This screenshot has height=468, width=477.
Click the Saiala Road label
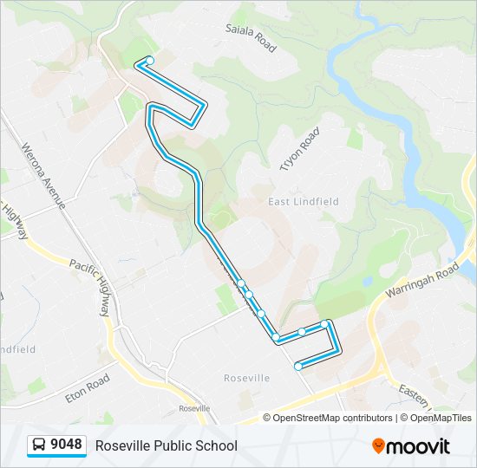click(251, 38)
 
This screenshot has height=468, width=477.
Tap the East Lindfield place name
click(304, 201)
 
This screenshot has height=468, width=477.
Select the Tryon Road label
click(299, 149)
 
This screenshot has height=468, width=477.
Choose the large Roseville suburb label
click(247, 378)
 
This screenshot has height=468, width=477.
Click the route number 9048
click(67, 445)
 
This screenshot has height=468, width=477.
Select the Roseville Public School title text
click(166, 445)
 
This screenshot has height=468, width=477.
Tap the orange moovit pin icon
click(378, 445)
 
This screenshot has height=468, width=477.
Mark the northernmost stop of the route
click(150, 60)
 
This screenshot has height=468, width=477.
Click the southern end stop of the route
click(298, 367)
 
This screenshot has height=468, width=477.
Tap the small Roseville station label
click(194, 408)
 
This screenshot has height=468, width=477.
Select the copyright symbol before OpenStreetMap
click(268, 418)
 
